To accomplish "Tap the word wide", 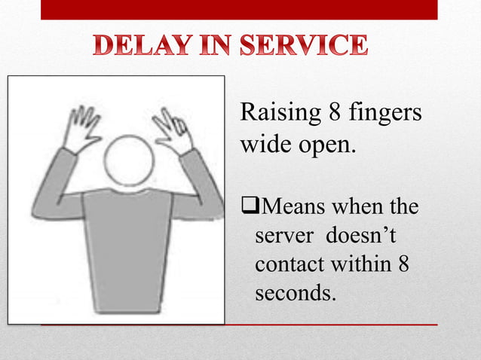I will [x=261, y=143].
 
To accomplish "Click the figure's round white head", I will [x=129, y=162].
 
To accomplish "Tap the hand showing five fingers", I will [x=82, y=130].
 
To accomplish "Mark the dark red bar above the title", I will [x=238, y=9].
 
